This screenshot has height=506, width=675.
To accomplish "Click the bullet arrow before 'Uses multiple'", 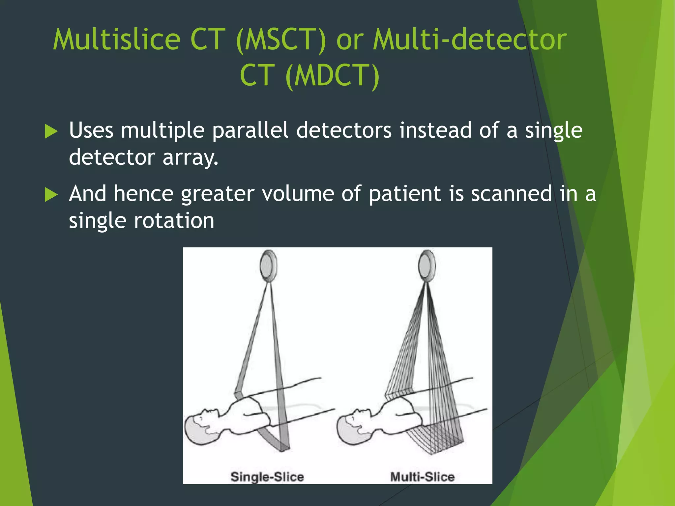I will [51, 131].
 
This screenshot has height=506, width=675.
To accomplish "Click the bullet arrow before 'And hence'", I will [51, 195].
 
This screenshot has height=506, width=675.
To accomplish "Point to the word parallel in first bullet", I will [250, 130].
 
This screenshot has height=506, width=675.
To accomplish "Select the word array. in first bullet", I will [190, 157].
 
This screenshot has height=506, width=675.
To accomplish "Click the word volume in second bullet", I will [298, 194].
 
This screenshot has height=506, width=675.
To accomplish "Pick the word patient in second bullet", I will [405, 194].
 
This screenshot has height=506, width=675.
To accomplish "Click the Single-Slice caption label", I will [267, 477].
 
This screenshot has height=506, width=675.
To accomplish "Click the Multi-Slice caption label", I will [422, 477].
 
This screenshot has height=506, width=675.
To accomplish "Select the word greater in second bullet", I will [218, 194].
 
